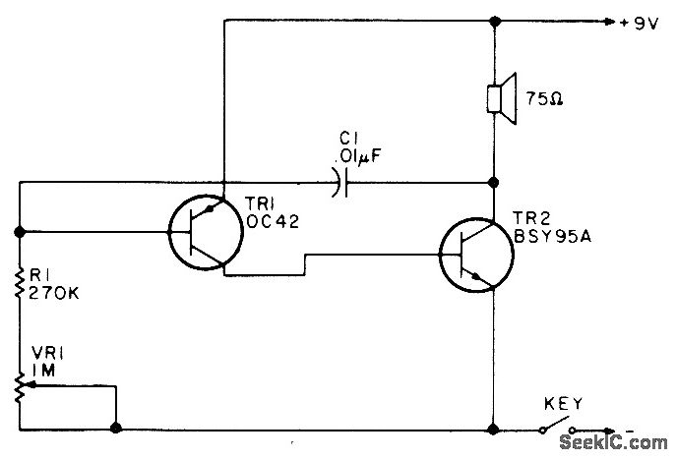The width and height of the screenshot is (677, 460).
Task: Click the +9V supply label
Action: pos(639,23)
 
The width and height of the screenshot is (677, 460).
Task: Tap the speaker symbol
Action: pos(502,98)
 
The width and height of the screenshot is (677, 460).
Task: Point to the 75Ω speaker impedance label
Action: pos(544,99)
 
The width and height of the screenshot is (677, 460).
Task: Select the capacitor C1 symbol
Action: pos(340,183)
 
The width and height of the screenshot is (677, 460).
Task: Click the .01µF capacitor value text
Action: pos(361,155)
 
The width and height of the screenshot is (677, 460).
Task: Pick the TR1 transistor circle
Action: pos(206,232)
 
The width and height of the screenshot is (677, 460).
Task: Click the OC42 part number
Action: pos(272,221)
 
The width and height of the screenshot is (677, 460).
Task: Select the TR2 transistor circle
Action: pos(476,255)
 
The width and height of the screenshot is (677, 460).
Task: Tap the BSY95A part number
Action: pos(553,236)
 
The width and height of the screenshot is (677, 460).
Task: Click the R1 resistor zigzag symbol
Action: pos(20,282)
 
